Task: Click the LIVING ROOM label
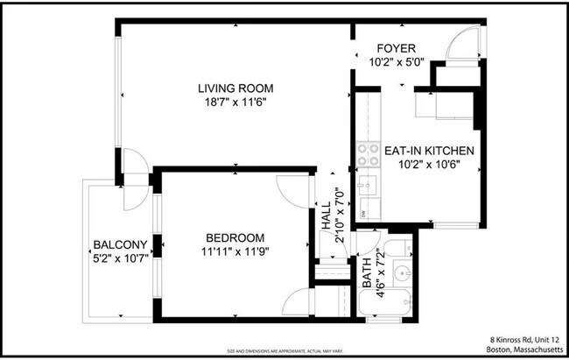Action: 235,88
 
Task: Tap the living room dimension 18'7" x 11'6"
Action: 235,102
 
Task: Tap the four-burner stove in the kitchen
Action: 368,155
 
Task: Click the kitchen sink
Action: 369,185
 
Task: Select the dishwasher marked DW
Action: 364,212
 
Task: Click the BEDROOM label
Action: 235,238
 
